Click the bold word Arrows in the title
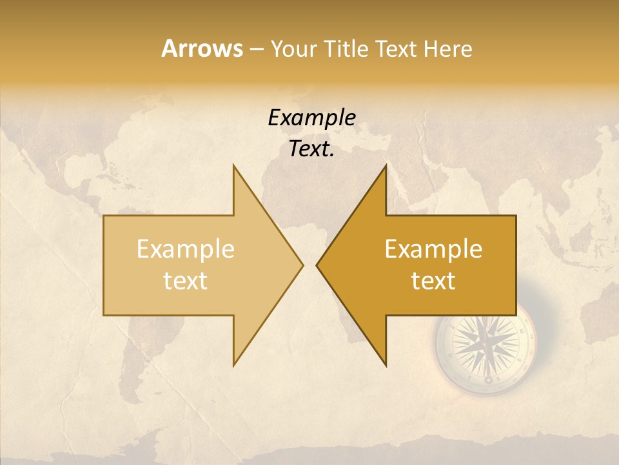point(201,48)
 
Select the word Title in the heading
point(344,49)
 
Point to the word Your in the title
point(292,49)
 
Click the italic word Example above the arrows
point(311,118)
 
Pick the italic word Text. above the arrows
point(311,149)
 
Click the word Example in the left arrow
point(186,249)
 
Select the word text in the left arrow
point(186,281)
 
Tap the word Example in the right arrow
point(433,249)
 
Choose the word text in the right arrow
point(433,281)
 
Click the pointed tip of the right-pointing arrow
point(303,265)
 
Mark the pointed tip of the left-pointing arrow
point(317,265)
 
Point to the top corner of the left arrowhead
point(233,165)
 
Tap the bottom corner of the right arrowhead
point(386,366)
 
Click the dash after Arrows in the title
point(256,50)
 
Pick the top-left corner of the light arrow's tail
point(104,216)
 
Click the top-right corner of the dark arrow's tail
point(516,216)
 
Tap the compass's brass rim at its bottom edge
point(486,391)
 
